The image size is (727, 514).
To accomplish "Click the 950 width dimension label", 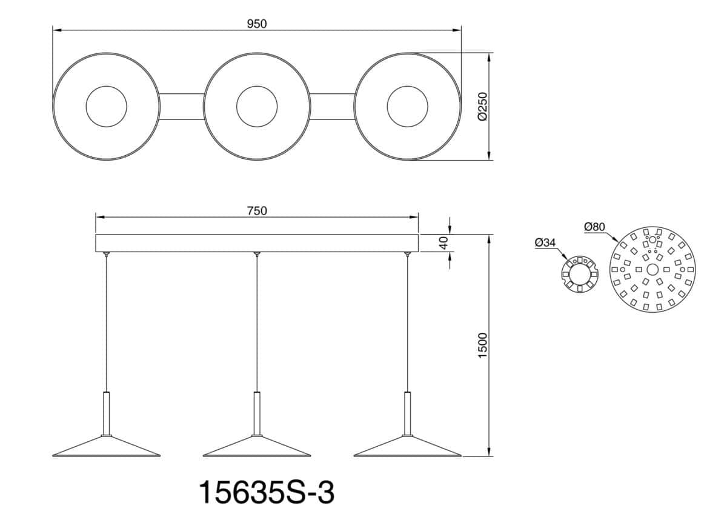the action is point(257,24).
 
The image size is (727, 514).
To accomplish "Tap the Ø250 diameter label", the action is point(483,107).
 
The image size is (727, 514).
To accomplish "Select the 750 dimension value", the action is point(257,211).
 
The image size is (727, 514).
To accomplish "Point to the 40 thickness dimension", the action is point(443,242).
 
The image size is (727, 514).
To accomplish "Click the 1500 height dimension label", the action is point(483,345).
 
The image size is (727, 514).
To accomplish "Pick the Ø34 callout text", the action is point(545,242).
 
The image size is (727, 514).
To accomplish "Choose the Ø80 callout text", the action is point(594,227).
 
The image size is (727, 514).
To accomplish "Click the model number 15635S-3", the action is point(266,493).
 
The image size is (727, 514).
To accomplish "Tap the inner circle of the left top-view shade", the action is point(107,86).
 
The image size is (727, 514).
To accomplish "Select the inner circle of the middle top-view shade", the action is point(257,86).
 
